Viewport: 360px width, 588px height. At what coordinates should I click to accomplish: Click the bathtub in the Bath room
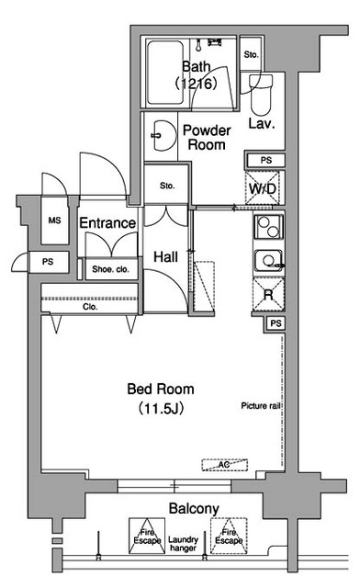click(165, 73)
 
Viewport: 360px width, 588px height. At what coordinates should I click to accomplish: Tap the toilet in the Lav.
click(261, 95)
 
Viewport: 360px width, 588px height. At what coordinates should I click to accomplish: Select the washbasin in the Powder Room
click(163, 135)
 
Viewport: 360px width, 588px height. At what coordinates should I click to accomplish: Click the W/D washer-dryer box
click(263, 187)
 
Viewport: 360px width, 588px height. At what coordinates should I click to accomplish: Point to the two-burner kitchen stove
click(268, 227)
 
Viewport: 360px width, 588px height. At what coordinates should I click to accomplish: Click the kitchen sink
click(269, 260)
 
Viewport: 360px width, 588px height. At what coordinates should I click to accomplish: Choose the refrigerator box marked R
click(268, 294)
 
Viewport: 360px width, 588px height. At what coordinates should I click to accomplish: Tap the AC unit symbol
click(225, 465)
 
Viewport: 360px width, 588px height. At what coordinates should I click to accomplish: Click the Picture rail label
click(261, 406)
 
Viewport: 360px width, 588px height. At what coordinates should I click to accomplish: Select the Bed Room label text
click(161, 389)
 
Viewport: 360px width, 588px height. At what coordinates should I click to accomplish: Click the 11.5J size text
click(161, 408)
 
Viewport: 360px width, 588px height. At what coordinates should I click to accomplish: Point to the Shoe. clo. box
click(110, 269)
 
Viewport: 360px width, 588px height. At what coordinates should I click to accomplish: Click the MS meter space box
click(55, 220)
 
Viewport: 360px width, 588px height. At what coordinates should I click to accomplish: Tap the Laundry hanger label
click(183, 544)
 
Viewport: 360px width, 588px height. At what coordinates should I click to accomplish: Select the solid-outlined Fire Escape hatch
click(147, 536)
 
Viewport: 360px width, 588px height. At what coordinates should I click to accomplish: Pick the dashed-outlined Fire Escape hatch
click(229, 536)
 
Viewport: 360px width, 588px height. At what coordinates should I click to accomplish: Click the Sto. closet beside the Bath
click(252, 53)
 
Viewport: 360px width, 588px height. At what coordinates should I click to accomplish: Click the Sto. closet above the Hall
click(166, 185)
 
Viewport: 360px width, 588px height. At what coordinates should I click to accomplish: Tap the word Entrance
click(107, 223)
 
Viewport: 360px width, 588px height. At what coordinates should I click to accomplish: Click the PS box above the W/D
click(265, 160)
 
